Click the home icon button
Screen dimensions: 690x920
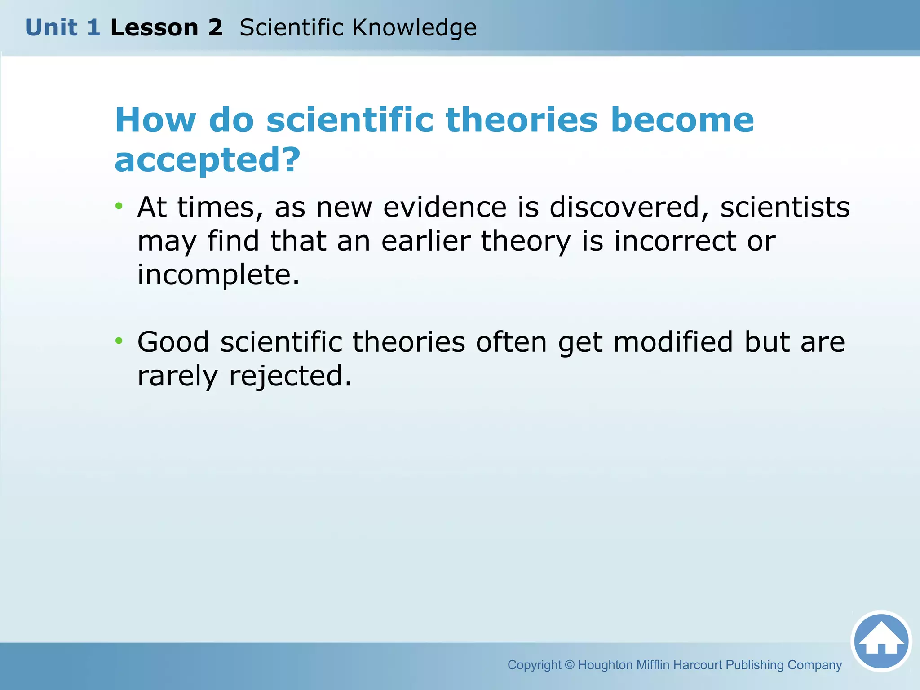[x=881, y=641]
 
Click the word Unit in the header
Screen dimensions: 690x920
[x=51, y=28]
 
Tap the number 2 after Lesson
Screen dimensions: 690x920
[x=215, y=28]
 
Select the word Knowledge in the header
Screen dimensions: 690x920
[x=414, y=28]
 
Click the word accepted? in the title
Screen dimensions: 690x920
[x=207, y=160]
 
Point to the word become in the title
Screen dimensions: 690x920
[x=682, y=120]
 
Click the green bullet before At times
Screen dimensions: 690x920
[x=119, y=207]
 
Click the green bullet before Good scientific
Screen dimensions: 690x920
[x=119, y=341]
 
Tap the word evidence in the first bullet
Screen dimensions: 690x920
[x=445, y=208]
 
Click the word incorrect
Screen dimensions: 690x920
[x=675, y=241]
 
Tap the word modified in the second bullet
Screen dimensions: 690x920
[x=673, y=342]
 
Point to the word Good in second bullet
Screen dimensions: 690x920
[x=173, y=342]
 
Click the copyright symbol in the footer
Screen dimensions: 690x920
[x=569, y=665]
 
